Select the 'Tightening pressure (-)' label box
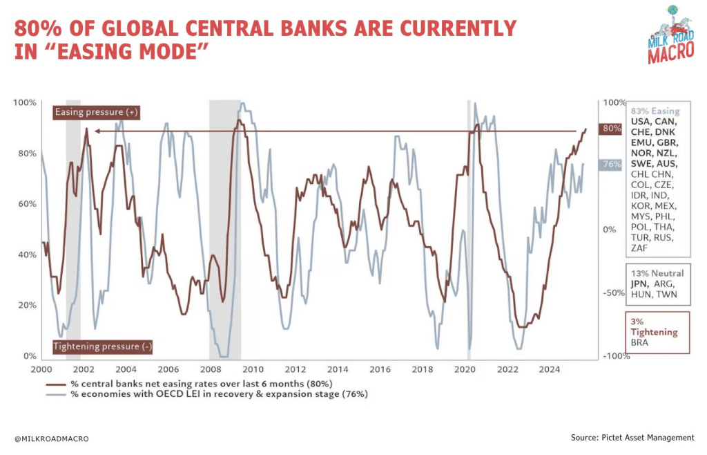click(102, 346)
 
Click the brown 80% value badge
click(612, 129)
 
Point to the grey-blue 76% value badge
click(612, 165)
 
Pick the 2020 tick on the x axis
click(467, 369)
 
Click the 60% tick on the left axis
click(26, 204)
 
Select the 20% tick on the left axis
click(26, 305)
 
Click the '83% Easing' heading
click(655, 111)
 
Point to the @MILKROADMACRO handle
click(51, 438)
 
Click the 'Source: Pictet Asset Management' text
click(632, 437)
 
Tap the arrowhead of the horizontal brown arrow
click(97, 131)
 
